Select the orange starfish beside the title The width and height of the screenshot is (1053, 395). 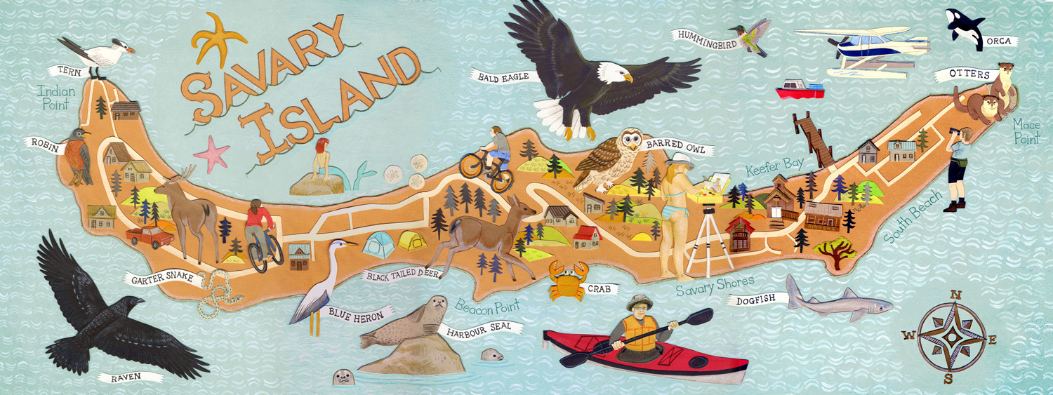[215, 40]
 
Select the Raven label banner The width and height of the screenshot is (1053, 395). [126, 377]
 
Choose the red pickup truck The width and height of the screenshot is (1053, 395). [150, 236]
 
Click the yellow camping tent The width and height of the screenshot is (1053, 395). [413, 241]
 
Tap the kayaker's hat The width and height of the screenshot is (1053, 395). [641, 302]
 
